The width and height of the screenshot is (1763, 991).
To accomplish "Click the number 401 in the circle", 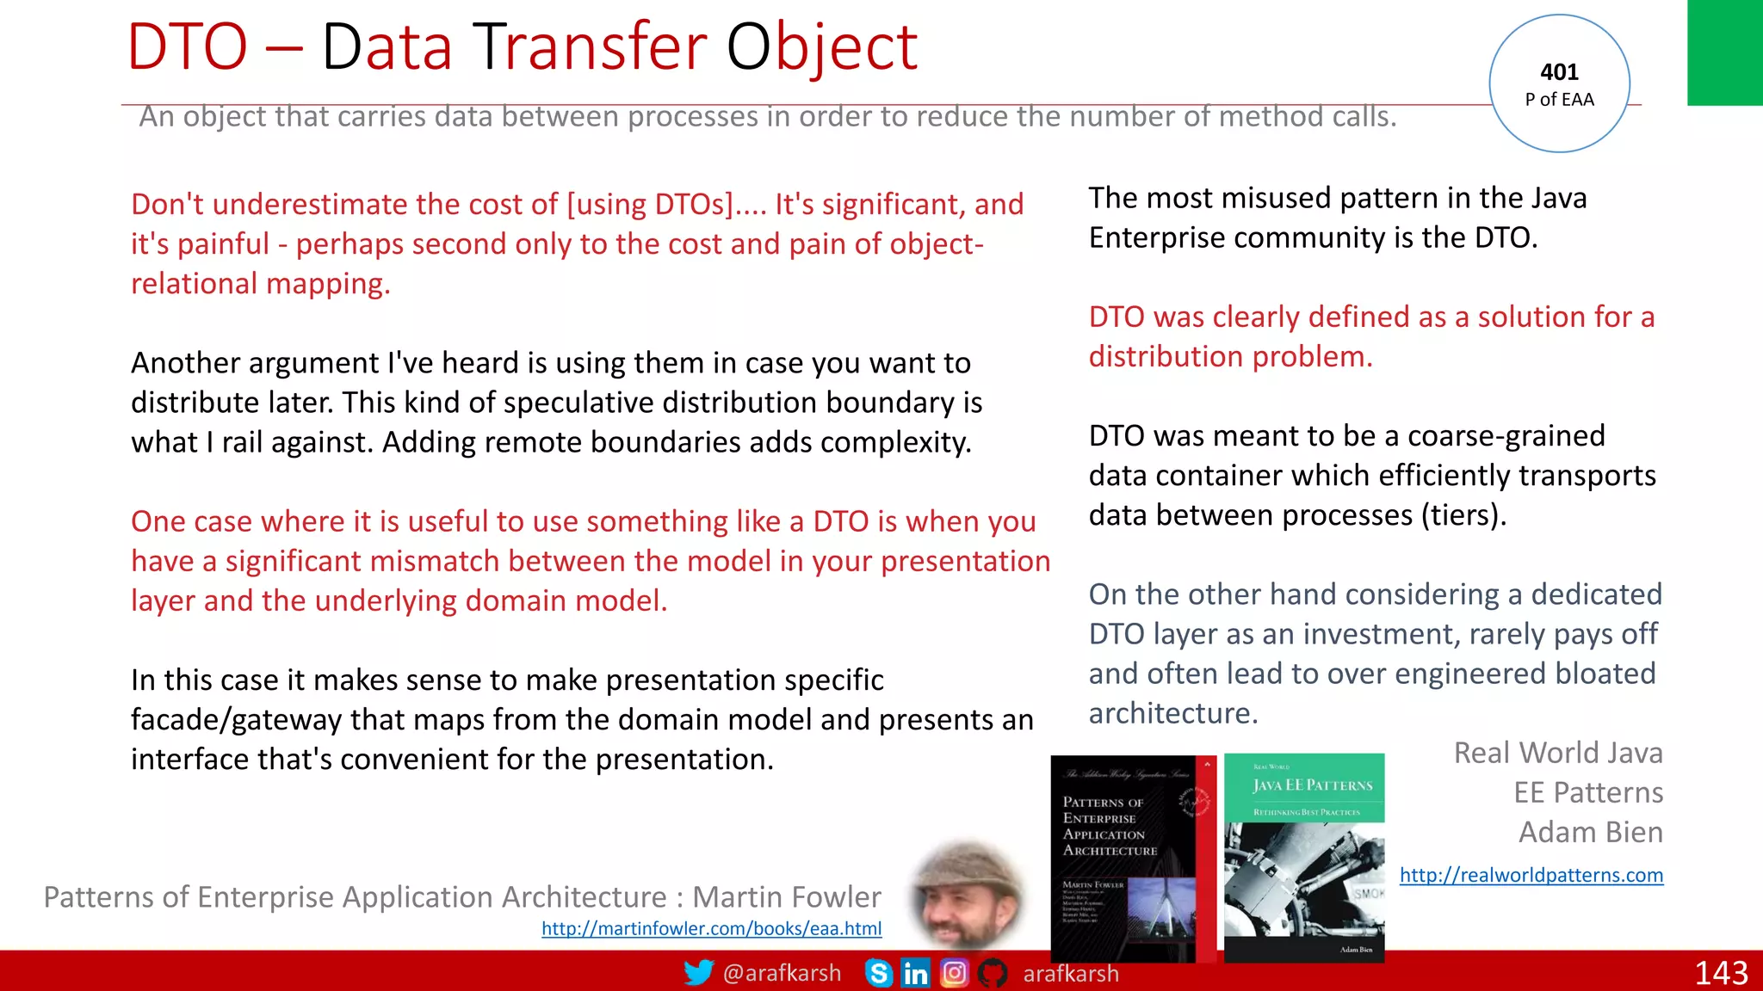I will [1559, 72].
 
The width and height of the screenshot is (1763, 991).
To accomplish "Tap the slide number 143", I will [1720, 973].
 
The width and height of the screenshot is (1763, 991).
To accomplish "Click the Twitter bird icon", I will [698, 973].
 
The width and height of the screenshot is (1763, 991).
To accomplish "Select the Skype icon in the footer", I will [878, 973].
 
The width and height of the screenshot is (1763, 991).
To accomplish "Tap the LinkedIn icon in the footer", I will [915, 973].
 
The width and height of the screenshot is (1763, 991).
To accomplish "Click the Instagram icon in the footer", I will [954, 973].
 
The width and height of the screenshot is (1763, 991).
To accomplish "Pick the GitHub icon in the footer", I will [993, 973].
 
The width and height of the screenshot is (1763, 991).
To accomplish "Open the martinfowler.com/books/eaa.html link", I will [711, 928].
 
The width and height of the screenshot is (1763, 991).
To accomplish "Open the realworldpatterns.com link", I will [1531, 875].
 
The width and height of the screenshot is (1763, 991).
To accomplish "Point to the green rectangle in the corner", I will [1724, 52].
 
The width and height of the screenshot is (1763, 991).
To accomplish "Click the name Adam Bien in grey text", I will [1590, 832].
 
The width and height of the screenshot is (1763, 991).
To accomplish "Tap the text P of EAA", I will [1559, 100].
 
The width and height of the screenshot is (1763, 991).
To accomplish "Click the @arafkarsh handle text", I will [782, 973].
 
